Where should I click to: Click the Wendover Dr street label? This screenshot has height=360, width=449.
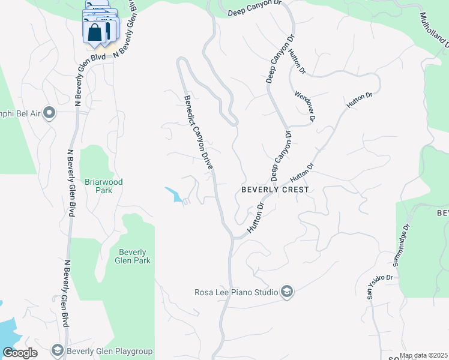click(305, 106)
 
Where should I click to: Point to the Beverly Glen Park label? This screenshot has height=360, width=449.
click(134, 256)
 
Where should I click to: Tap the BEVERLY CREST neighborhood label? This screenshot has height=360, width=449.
click(275, 190)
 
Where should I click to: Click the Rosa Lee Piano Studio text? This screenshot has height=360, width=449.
click(236, 292)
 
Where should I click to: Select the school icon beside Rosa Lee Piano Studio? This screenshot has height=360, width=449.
click(287, 292)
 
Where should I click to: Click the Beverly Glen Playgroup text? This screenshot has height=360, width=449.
click(110, 352)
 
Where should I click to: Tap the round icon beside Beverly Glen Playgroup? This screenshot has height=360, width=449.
click(58, 350)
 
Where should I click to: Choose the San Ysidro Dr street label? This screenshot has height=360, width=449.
click(379, 287)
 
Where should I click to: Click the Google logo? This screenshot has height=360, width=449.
click(20, 353)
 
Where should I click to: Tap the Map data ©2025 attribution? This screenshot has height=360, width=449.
click(424, 355)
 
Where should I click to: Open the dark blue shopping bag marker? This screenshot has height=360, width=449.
click(95, 32)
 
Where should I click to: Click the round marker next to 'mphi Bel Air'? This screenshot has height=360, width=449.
click(49, 113)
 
